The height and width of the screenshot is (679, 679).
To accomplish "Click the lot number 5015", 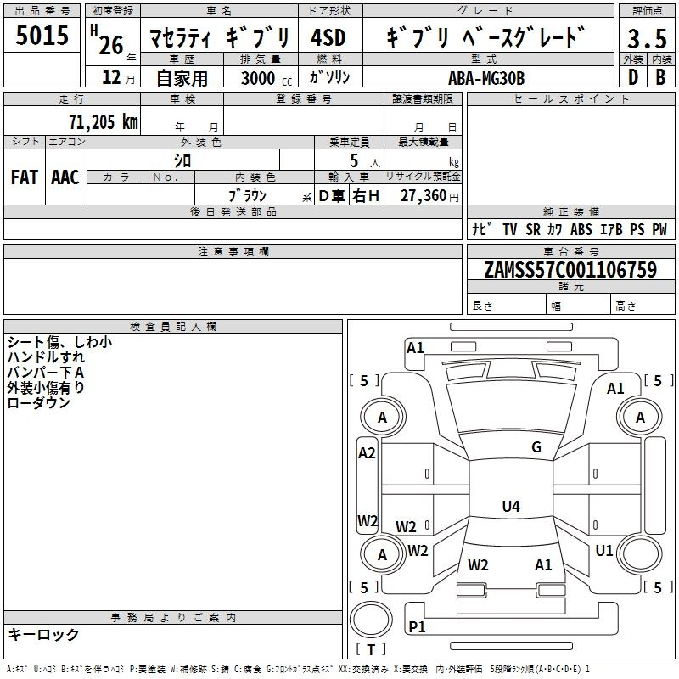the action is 42,35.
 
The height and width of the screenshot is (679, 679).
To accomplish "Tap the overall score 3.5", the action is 647,38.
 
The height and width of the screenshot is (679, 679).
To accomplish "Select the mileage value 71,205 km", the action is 104,121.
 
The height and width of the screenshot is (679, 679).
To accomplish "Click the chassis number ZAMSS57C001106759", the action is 570,269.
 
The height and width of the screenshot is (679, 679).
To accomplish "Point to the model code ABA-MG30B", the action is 486,78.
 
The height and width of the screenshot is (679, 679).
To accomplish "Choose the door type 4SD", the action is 328,37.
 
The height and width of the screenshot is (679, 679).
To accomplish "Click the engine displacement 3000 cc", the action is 267,78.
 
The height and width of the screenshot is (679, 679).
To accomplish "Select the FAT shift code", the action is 25,177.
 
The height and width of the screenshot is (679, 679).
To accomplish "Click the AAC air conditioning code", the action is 65,177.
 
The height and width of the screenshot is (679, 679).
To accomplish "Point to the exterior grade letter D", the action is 633,77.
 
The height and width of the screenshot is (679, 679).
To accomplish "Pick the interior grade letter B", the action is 660,77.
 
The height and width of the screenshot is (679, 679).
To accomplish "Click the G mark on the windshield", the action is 536,447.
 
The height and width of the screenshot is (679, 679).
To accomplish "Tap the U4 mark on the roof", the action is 511,506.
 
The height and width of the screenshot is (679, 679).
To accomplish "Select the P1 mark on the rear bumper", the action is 417,626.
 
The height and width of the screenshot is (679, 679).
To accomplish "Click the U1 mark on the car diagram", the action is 604,550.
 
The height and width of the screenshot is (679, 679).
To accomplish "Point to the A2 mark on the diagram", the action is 367,453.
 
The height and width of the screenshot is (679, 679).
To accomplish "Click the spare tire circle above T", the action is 371,620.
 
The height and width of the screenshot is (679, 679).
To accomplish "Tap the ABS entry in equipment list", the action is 581,229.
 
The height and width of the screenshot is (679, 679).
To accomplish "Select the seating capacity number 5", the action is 354,160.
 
